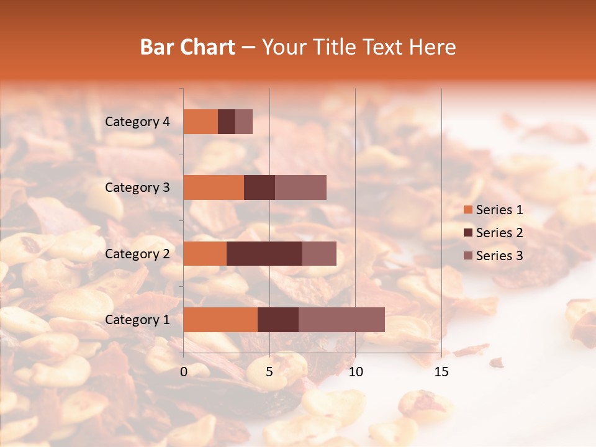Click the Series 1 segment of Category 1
tap(220, 320)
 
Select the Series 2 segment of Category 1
tap(278, 320)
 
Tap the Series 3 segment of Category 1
tap(341, 320)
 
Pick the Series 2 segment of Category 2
tap(264, 253)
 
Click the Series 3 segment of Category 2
tap(319, 253)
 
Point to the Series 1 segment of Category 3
tap(214, 187)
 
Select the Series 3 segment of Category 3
tap(300, 187)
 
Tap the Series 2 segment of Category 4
tap(227, 122)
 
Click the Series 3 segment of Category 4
tap(244, 122)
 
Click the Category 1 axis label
tap(137, 320)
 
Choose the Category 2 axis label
tap(137, 253)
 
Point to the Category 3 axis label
tap(137, 187)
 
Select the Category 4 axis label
tap(137, 122)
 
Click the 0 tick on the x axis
tap(184, 372)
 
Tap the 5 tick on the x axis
tap(269, 372)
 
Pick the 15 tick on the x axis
tap(441, 372)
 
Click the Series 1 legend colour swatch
tap(467, 210)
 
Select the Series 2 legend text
tap(499, 233)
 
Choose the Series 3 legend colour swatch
tap(467, 256)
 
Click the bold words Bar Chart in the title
tap(187, 47)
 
